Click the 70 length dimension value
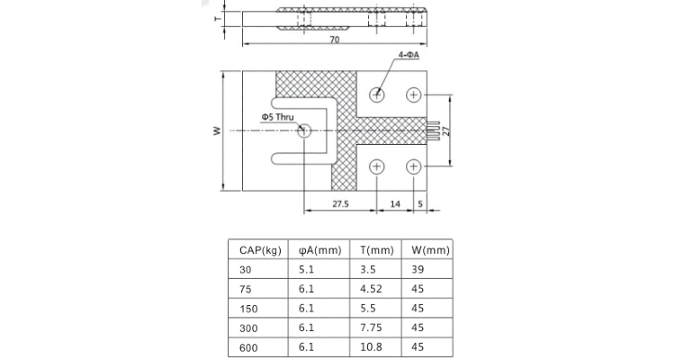tap(334, 41)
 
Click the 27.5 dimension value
tap(339, 204)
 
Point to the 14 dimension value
tap(394, 204)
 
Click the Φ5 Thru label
tap(277, 118)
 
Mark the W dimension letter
tap(216, 131)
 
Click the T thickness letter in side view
tap(217, 18)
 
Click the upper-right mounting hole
tap(413, 94)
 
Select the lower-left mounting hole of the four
tap(376, 166)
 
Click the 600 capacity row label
tap(247, 347)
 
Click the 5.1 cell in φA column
tap(306, 270)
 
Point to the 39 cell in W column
tap(417, 270)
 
